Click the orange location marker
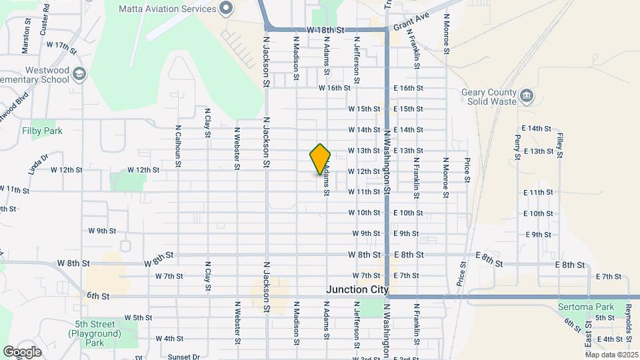click(x=320, y=159)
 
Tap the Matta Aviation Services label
click(x=167, y=9)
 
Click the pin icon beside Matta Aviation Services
click(x=226, y=9)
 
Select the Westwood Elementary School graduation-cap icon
click(x=80, y=73)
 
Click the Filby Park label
click(x=42, y=131)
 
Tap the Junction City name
click(x=357, y=290)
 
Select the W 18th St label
click(x=325, y=30)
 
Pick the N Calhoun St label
click(x=178, y=141)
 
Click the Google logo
click(x=23, y=351)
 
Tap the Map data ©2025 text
click(x=612, y=355)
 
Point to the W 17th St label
click(x=62, y=45)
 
